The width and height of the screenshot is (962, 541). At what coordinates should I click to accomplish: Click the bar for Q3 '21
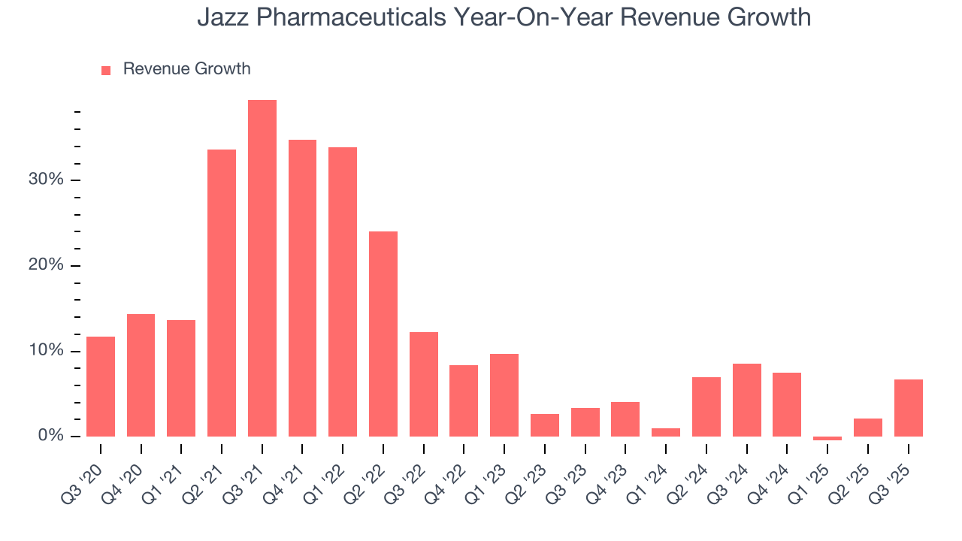pyautogui.click(x=262, y=268)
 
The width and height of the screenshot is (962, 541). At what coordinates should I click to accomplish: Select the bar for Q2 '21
pyautogui.click(x=222, y=293)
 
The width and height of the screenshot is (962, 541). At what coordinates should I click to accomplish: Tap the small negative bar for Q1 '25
pyautogui.click(x=827, y=438)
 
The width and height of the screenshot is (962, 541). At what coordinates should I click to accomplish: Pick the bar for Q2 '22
pyautogui.click(x=383, y=334)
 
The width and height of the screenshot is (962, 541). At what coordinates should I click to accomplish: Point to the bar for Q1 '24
pyautogui.click(x=666, y=432)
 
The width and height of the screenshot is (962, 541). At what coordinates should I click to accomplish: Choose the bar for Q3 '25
pyautogui.click(x=908, y=408)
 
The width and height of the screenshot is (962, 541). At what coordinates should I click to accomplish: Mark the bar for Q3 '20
pyautogui.click(x=101, y=386)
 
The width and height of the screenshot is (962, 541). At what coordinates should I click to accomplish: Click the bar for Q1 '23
pyautogui.click(x=504, y=395)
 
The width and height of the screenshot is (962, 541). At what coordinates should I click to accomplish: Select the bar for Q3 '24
pyautogui.click(x=746, y=400)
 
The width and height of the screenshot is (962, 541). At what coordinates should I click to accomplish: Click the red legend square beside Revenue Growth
pyautogui.click(x=106, y=70)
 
